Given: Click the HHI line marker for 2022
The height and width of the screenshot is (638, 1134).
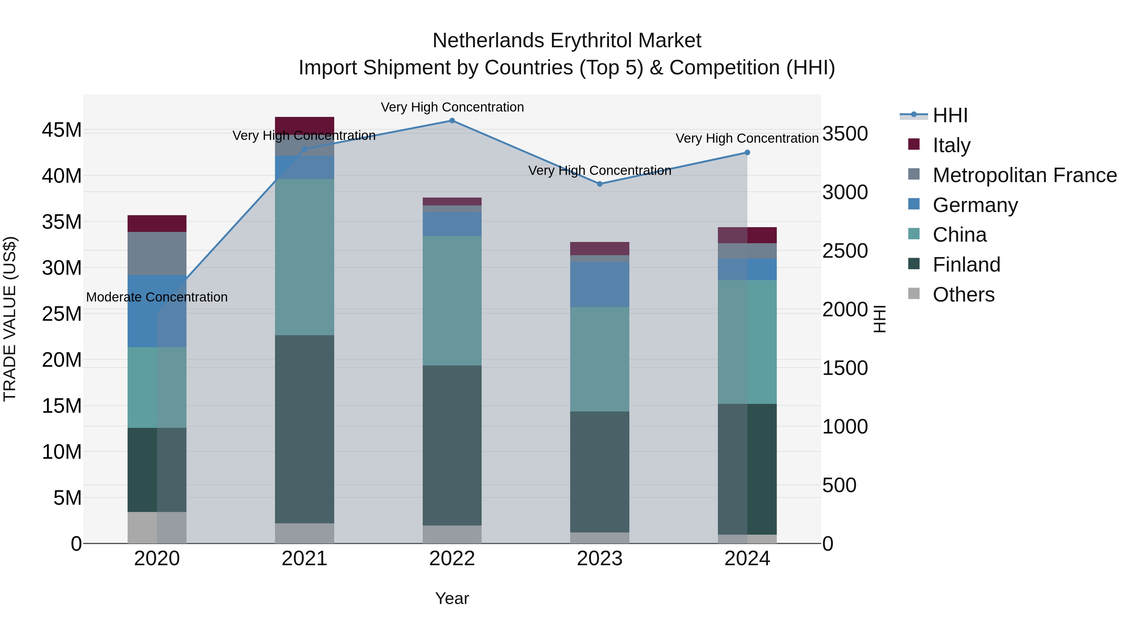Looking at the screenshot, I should click(x=452, y=121).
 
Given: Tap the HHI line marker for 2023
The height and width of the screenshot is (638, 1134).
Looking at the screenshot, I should click(x=599, y=184).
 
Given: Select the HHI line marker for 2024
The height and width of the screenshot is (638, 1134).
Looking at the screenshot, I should click(x=747, y=153).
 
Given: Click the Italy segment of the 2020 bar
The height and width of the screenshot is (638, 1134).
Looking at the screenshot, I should click(x=157, y=224).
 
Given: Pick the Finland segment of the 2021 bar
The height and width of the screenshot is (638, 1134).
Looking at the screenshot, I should click(x=304, y=429).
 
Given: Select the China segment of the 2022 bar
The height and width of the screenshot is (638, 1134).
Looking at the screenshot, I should click(x=452, y=301).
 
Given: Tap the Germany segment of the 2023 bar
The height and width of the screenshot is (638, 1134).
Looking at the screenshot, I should click(x=599, y=285).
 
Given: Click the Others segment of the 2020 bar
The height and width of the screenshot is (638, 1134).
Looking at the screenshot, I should click(x=157, y=527).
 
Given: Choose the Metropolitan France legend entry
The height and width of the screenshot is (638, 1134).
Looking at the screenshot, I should click(x=1024, y=175).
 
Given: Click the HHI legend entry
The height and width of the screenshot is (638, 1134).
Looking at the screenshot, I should click(x=950, y=115).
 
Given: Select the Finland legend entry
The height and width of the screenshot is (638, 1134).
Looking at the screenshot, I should click(x=966, y=265).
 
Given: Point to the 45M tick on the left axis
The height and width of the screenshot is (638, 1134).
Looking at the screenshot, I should click(x=62, y=130).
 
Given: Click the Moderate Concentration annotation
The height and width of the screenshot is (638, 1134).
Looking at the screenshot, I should click(x=157, y=297).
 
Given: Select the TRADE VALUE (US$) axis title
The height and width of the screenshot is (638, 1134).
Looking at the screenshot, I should click(x=10, y=319).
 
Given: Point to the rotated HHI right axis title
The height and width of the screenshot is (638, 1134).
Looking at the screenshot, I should click(x=879, y=319).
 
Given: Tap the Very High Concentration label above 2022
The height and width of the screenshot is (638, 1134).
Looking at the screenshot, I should click(x=452, y=107).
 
